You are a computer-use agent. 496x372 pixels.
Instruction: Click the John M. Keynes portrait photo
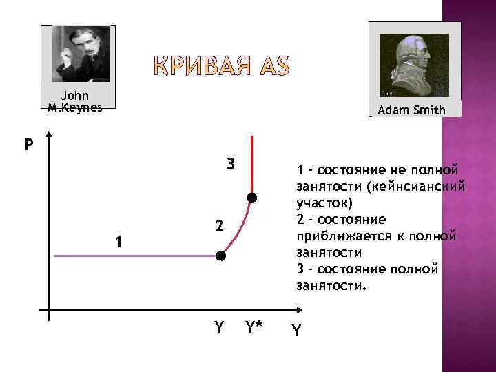click(x=82, y=54)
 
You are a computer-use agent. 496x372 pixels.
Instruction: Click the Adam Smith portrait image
click(x=414, y=65)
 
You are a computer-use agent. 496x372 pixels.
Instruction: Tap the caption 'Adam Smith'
click(x=412, y=110)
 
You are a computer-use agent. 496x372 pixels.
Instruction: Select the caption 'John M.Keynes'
click(x=74, y=101)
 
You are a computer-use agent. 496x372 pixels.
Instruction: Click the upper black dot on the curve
click(x=252, y=198)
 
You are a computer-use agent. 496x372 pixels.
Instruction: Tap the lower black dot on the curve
click(x=220, y=256)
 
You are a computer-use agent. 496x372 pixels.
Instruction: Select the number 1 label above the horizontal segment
click(x=119, y=242)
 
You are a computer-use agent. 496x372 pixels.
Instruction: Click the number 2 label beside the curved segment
click(x=217, y=226)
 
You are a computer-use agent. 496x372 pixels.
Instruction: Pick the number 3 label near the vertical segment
click(x=231, y=165)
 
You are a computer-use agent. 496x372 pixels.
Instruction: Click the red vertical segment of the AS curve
click(x=252, y=165)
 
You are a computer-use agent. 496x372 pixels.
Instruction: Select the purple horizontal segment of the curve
click(x=131, y=256)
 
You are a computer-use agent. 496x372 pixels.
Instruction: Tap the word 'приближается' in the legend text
click(x=336, y=236)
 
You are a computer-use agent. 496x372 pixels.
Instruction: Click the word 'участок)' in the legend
click(x=324, y=203)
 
